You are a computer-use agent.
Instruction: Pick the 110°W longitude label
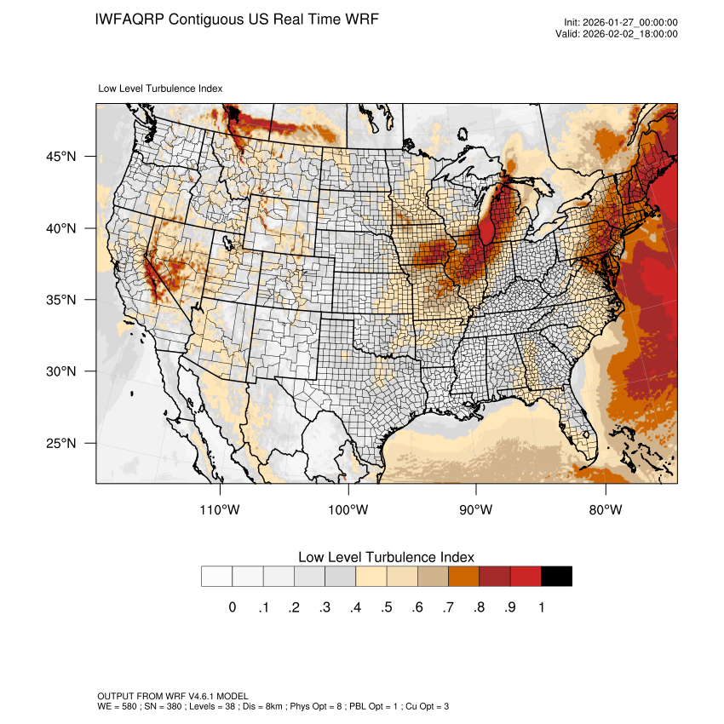tap(220, 509)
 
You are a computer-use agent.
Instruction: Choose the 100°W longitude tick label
tap(348, 509)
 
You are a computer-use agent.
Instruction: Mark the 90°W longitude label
tap(476, 509)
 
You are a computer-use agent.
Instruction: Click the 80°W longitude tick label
tap(605, 509)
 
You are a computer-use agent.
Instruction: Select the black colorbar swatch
tap(556, 577)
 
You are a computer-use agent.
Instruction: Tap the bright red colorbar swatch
tap(526, 577)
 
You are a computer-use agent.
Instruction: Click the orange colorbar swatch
tap(464, 577)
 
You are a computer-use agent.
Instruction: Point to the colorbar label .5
tap(387, 607)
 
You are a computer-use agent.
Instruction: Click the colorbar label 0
tap(233, 607)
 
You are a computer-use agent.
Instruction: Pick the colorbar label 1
tap(541, 607)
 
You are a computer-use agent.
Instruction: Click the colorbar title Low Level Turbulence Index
tap(386, 556)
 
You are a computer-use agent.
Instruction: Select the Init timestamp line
tap(620, 23)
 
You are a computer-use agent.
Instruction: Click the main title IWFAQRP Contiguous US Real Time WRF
tap(237, 19)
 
